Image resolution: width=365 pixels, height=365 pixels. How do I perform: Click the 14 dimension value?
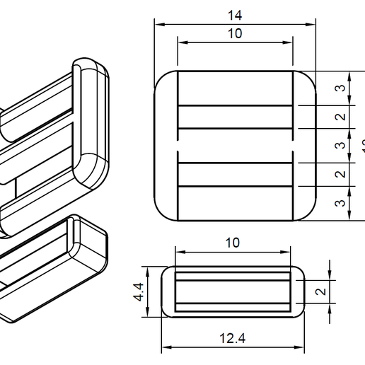233,15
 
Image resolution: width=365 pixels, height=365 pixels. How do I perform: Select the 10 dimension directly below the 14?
233,33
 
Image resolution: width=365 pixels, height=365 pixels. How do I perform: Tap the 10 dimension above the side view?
232,243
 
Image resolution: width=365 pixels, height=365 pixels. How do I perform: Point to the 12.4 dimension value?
232,338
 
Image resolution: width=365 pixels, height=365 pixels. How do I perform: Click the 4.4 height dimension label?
140,291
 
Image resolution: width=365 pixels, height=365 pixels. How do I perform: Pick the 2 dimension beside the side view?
340,291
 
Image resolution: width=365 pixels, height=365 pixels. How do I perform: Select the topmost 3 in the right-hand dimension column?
340,88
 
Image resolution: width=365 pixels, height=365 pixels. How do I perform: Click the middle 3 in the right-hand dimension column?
340,146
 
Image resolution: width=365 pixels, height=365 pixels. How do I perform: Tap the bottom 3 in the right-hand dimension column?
340,203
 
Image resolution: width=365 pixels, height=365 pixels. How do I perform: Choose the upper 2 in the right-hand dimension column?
340,117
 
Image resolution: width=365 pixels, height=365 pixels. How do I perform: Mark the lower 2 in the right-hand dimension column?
340,174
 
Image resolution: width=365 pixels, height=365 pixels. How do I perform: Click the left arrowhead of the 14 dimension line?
158,24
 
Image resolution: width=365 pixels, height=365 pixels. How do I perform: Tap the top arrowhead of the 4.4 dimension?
149,270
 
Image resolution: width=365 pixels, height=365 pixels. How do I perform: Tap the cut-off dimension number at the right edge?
362,146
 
